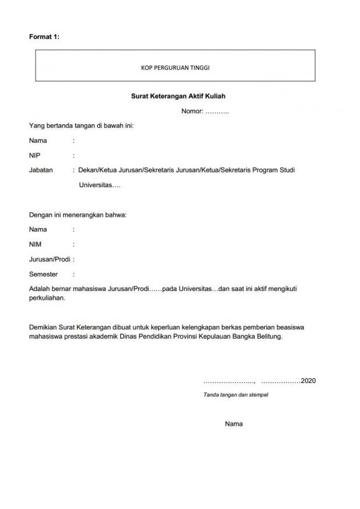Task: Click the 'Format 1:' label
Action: [x=44, y=37]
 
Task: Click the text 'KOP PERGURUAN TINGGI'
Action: [x=175, y=68]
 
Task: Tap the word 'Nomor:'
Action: [x=192, y=111]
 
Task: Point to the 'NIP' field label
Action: [x=34, y=156]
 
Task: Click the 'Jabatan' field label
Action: [x=41, y=170]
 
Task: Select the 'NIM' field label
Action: [x=35, y=244]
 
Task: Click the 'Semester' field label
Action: [x=43, y=274]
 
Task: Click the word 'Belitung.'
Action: [x=269, y=336]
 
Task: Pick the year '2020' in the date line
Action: [x=308, y=381]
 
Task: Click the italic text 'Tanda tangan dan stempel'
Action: [x=236, y=395]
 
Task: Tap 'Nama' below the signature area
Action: [x=233, y=424]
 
